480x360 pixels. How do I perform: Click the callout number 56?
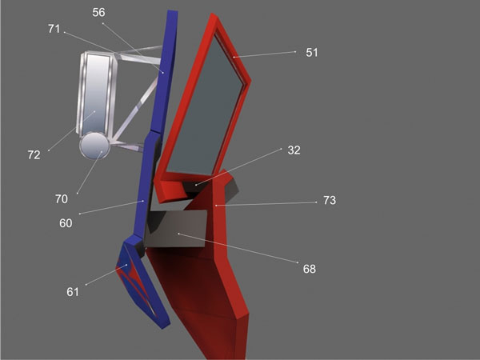[x=98, y=12]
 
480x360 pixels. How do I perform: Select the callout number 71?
[x=54, y=29]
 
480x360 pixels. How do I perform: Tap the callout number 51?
[x=312, y=53]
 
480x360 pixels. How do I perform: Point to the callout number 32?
[x=294, y=150]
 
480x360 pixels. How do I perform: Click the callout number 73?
[x=330, y=200]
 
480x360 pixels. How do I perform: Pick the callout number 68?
[x=309, y=269]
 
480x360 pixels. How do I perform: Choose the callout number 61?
[x=73, y=292]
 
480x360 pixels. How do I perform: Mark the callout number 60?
[x=66, y=223]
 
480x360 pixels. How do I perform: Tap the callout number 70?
[x=62, y=199]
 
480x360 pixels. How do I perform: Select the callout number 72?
[x=34, y=155]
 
